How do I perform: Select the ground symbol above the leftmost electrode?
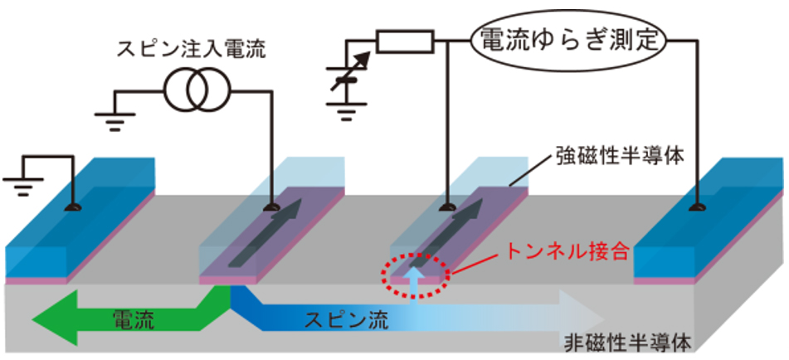[21, 173]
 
